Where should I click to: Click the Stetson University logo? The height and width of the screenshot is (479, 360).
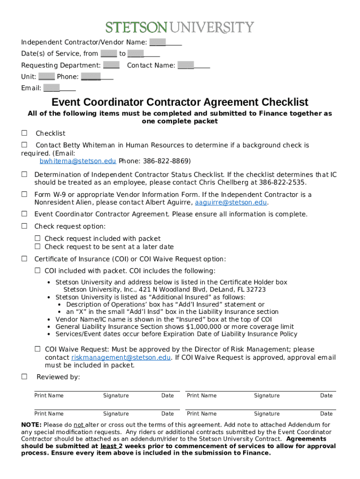coord(180,27)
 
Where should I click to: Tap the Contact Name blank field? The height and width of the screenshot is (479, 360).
coord(194,65)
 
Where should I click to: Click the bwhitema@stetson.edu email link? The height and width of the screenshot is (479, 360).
coord(78,161)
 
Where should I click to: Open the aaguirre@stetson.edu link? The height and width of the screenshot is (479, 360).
coord(231,203)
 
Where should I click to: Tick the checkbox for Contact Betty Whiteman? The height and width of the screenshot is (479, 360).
coord(24,145)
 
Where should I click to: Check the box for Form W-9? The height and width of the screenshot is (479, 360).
coord(24,194)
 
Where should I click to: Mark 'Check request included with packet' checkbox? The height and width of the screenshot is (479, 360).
coord(38,239)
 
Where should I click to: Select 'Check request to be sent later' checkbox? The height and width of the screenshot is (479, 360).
coord(38,247)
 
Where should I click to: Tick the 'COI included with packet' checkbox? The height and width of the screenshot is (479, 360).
coord(38,271)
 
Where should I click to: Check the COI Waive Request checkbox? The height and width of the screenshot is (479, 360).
coord(38,349)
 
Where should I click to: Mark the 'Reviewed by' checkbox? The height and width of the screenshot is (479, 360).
coord(24,377)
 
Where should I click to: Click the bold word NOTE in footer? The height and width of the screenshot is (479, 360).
coord(30,425)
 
